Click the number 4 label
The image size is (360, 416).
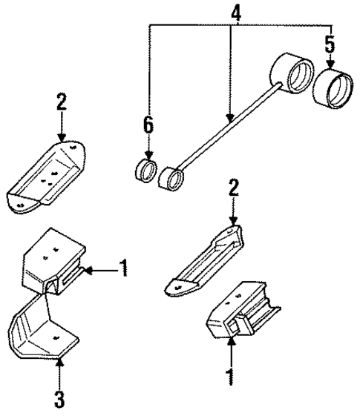235,13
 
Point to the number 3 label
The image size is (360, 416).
59,399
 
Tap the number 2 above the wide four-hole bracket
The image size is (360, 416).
62,102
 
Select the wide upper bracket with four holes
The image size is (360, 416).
48,178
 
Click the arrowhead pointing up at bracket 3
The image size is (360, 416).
59,363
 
